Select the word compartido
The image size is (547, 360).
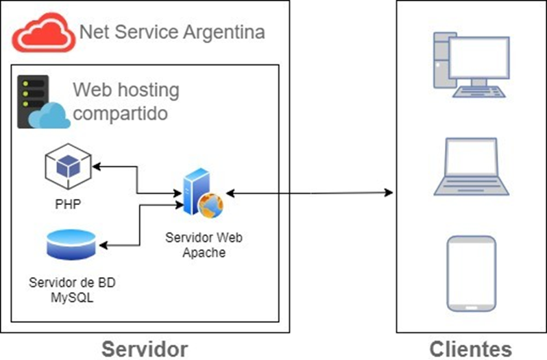click(120, 113)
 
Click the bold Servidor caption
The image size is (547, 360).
click(145, 348)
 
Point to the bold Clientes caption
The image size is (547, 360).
click(470, 348)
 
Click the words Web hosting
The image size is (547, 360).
click(125, 90)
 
